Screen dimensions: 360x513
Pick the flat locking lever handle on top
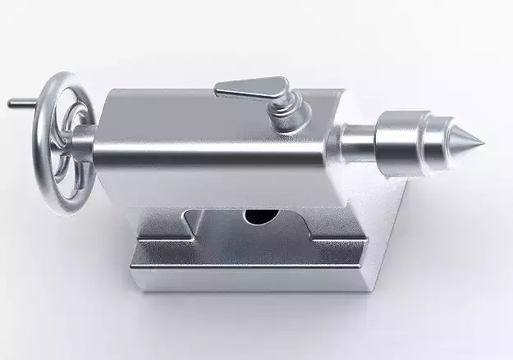(x=246, y=84)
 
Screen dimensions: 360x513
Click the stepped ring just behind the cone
(x=433, y=144)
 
